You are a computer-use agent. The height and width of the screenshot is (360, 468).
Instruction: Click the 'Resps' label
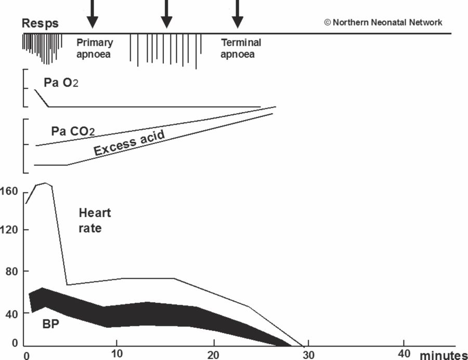(x=40, y=23)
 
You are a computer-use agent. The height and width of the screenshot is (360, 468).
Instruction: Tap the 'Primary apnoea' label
(x=94, y=48)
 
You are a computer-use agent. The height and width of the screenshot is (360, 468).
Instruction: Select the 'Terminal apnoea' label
(x=240, y=48)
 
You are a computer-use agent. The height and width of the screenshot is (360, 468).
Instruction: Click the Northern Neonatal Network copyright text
(x=383, y=22)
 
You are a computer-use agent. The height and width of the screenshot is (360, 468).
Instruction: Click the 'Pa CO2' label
(x=73, y=130)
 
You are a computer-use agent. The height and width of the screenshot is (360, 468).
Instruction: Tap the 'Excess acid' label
(x=129, y=143)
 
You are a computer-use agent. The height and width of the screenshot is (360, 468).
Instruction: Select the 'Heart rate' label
(x=95, y=220)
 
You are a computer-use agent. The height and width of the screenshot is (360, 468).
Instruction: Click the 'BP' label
(x=50, y=324)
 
